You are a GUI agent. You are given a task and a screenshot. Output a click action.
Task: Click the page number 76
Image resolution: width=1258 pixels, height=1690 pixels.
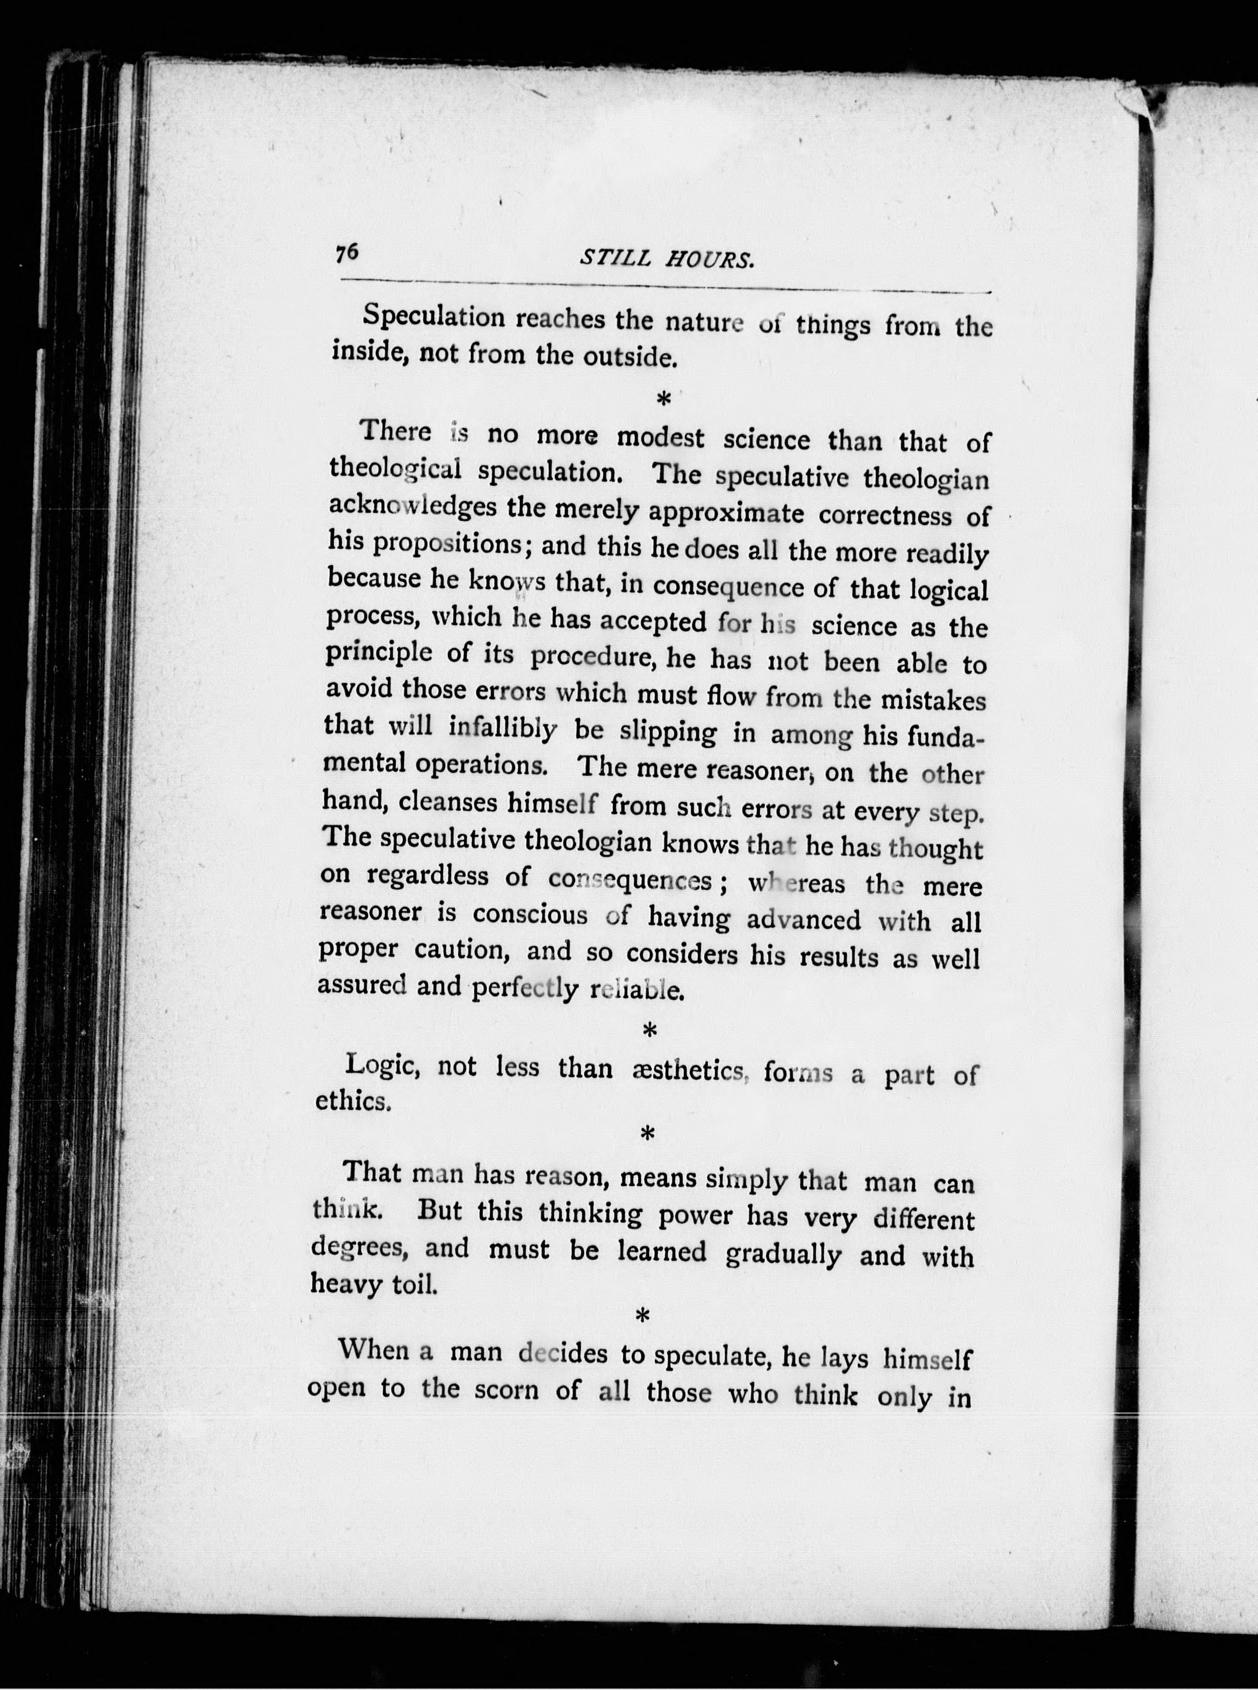[346, 253]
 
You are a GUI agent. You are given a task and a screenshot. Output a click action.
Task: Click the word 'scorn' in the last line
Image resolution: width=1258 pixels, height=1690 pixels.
[506, 1391]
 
